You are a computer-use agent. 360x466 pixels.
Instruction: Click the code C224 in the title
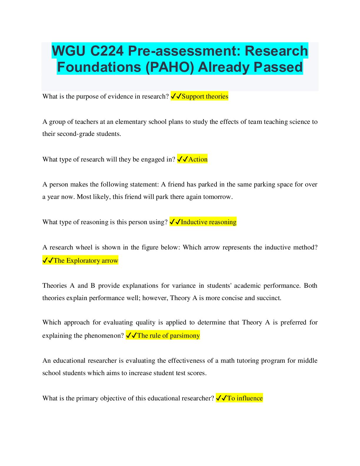pyautogui.click(x=107, y=51)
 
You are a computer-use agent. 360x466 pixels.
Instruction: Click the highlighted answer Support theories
pyautogui.click(x=205, y=96)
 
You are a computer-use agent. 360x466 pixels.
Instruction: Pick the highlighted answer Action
pyautogui.click(x=198, y=159)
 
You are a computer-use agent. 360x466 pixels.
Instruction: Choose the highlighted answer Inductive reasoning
pyautogui.click(x=208, y=222)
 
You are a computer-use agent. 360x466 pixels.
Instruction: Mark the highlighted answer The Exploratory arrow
pyautogui.click(x=86, y=261)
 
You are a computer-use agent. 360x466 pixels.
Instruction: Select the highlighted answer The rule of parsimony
pyautogui.click(x=168, y=336)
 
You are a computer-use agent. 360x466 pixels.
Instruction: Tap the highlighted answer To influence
pyautogui.click(x=245, y=398)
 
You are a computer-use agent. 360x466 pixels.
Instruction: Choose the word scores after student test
pyautogui.click(x=196, y=373)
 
